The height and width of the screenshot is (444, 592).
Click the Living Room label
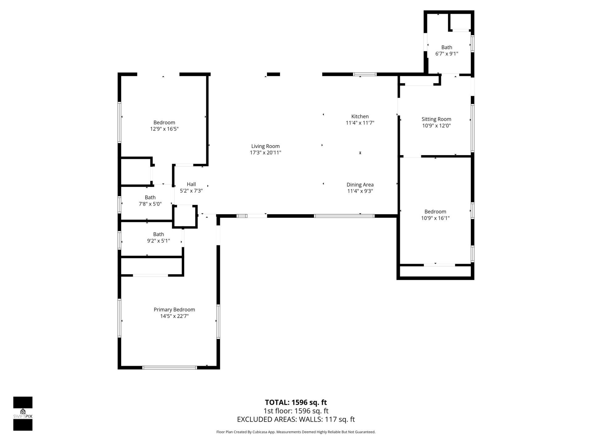click(265, 146)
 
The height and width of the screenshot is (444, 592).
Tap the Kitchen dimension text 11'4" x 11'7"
click(360, 123)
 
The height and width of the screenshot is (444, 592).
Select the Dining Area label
click(360, 185)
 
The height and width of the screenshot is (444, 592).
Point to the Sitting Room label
click(436, 119)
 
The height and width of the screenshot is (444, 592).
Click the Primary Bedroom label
click(174, 310)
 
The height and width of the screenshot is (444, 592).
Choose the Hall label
click(191, 184)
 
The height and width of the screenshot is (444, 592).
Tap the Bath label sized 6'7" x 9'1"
click(446, 47)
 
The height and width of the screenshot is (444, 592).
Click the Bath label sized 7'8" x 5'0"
click(150, 197)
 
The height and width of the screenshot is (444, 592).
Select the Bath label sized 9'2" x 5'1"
click(158, 234)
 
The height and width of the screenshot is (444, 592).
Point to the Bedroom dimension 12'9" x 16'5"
click(164, 129)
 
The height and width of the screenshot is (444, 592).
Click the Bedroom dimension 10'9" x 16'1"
click(435, 218)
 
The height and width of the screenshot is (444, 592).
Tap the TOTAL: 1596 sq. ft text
click(296, 402)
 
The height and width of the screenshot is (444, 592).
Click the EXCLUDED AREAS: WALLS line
click(296, 419)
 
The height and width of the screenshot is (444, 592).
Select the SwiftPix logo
click(23, 413)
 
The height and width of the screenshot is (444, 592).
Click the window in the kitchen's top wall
click(365, 74)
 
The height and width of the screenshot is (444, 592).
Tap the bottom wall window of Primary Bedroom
click(170, 368)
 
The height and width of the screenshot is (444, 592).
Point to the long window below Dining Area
click(344, 216)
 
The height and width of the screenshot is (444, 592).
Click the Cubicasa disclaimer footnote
click(296, 432)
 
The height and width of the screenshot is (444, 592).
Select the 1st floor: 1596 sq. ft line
click(296, 411)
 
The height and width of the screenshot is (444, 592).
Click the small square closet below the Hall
click(184, 216)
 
